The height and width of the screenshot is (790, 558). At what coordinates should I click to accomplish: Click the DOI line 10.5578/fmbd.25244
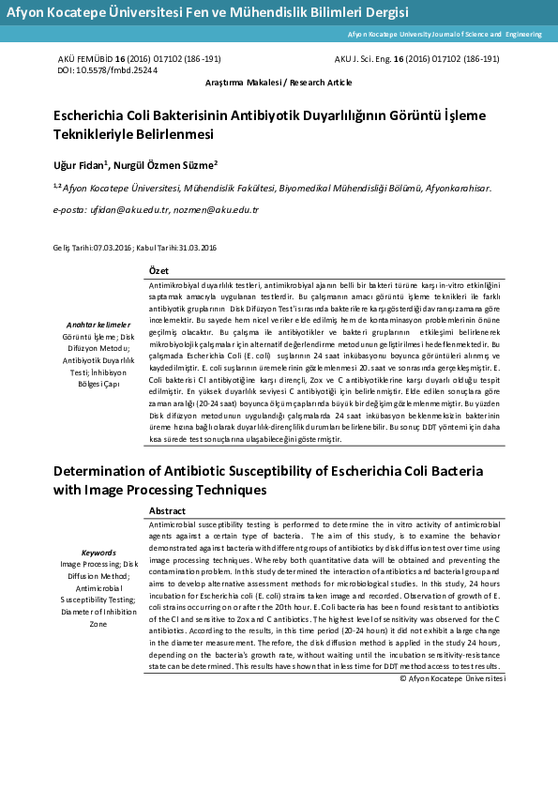click(108, 70)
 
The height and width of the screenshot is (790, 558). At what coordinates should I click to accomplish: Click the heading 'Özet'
click(158, 270)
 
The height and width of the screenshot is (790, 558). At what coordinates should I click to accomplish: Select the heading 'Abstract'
click(168, 510)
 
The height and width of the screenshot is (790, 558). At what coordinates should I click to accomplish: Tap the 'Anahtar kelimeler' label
click(98, 324)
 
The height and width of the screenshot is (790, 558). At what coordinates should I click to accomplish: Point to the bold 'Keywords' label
click(98, 553)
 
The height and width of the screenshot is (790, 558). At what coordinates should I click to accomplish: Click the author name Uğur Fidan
click(80, 165)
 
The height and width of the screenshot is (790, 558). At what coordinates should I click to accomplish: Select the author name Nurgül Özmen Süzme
click(166, 165)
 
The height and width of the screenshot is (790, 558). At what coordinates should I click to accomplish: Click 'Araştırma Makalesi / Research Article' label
click(279, 83)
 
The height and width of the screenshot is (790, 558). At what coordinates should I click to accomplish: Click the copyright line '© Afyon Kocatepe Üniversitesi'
click(452, 676)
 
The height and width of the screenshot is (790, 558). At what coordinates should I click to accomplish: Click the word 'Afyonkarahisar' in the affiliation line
click(457, 188)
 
